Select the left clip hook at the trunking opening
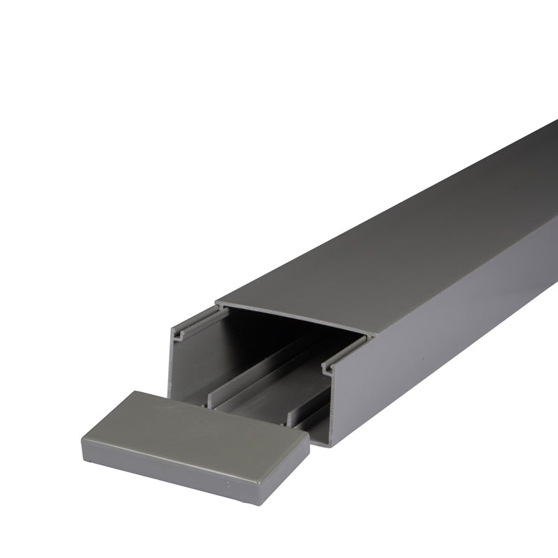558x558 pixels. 183,333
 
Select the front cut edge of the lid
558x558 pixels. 293,319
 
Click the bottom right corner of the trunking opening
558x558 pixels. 331,444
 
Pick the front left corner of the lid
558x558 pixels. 218,304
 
